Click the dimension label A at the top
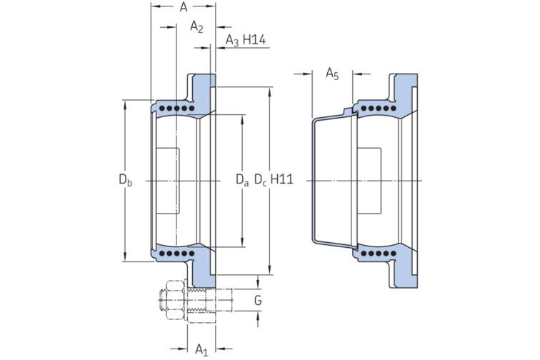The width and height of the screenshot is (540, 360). click(183, 8)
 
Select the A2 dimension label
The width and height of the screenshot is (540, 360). click(196, 27)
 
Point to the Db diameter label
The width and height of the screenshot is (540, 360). click(125, 180)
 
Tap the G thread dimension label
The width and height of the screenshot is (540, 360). click(257, 301)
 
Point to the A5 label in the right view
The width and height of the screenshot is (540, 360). click(333, 73)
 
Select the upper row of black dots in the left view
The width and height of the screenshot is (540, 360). click(175, 109)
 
